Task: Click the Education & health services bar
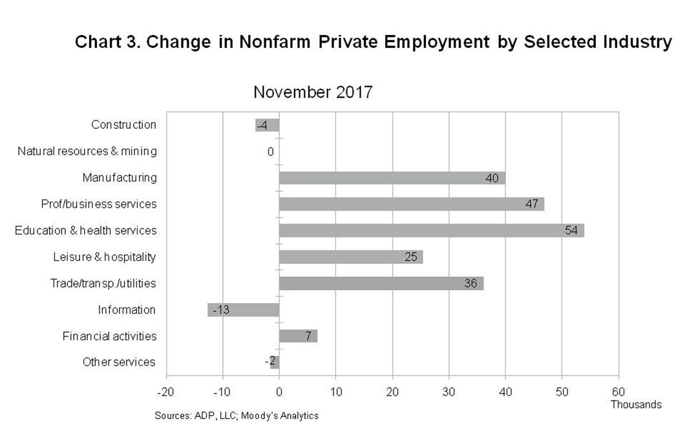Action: tap(432, 230)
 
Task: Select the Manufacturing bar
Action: tap(392, 178)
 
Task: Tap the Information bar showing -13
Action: tap(243, 310)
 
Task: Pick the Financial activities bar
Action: tap(299, 336)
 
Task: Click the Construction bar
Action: tap(267, 126)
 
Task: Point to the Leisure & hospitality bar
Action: tap(351, 257)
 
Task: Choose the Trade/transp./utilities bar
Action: tap(381, 283)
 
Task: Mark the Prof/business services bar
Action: tap(412, 204)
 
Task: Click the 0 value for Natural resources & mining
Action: tap(270, 152)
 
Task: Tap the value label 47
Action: tap(532, 204)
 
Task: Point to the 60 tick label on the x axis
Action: tap(618, 392)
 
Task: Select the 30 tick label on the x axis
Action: tap(448, 392)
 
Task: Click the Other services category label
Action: tap(119, 362)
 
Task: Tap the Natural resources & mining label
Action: tap(87, 151)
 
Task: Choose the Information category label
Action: tap(127, 310)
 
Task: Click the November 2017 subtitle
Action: tap(313, 93)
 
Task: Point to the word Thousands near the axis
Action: tap(636, 405)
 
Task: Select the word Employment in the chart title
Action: tap(437, 42)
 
